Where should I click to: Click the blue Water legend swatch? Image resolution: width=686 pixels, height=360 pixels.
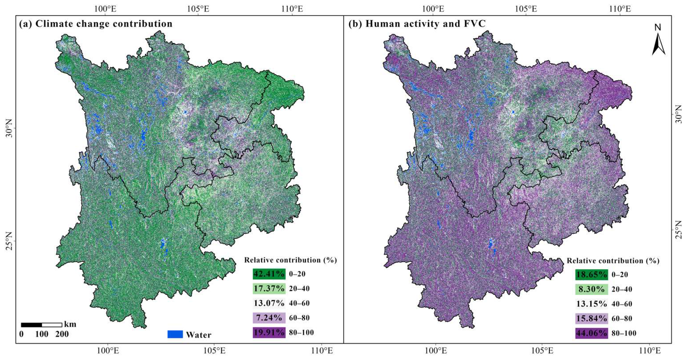175,335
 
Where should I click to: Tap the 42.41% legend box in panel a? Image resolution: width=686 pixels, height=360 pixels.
269,274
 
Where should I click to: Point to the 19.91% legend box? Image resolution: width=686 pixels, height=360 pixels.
269,333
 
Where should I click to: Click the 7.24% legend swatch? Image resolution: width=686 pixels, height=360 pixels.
269,318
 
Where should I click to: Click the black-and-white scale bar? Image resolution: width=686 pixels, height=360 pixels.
41,325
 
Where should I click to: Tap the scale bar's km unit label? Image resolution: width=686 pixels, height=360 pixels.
70,324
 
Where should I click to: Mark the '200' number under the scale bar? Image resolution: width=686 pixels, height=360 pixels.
62,334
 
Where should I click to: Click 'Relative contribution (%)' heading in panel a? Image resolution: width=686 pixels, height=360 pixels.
290,260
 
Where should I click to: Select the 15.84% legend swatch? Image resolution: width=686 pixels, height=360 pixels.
592,319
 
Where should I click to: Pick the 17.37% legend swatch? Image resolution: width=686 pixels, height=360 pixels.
269,289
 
